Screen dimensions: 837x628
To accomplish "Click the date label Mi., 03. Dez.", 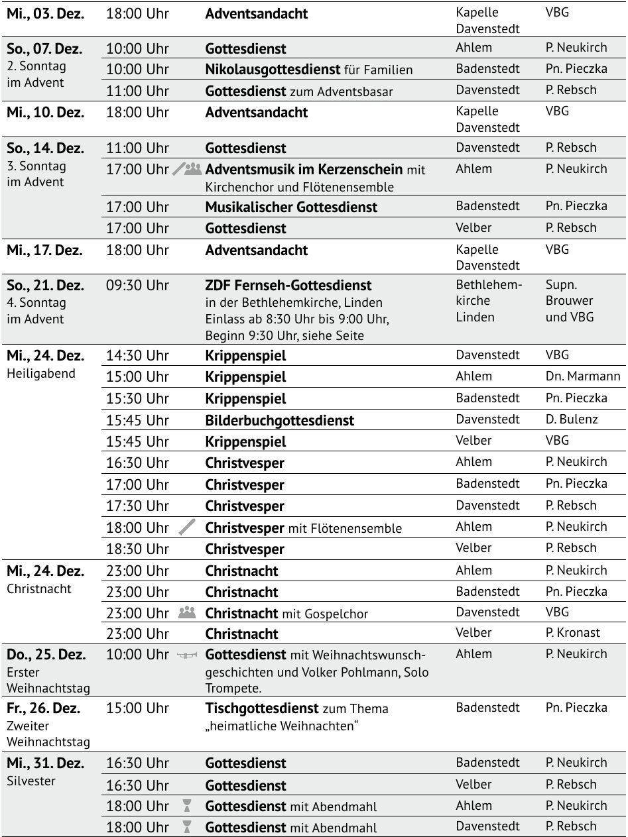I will (x=45, y=14).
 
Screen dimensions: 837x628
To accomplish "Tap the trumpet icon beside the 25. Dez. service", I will (x=188, y=655).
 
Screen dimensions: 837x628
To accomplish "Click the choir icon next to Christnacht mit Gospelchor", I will (x=188, y=613).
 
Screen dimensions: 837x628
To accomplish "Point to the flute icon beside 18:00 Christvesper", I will (x=188, y=528).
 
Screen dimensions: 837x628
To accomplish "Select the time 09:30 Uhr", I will (x=137, y=286).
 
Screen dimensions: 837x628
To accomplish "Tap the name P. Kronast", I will (x=573, y=633).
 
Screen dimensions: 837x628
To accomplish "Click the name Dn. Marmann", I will (x=583, y=376).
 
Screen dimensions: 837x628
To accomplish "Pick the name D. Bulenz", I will (x=572, y=419).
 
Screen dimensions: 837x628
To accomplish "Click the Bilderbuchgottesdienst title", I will (x=279, y=420).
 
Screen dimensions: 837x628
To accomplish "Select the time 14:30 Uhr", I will (x=137, y=356).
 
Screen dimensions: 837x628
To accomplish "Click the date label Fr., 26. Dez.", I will (x=43, y=708).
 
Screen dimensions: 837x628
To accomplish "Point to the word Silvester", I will (x=31, y=781).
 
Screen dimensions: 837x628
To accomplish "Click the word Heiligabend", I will (x=41, y=373).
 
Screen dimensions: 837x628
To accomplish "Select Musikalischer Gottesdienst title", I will (x=291, y=207).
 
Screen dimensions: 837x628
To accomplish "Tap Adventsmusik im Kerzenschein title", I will (x=304, y=170).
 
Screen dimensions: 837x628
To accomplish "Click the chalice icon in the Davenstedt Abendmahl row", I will (x=188, y=827).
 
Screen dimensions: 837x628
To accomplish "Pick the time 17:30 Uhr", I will (x=137, y=506).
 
